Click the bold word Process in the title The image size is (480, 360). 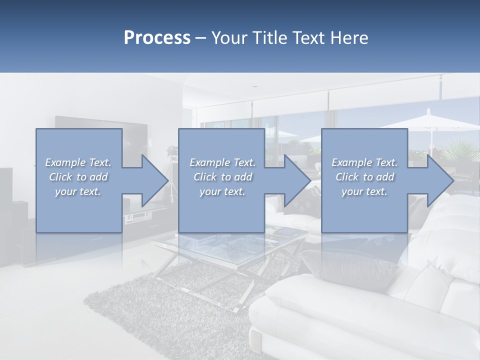157,38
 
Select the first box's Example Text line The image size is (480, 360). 78,162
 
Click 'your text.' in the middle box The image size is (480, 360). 222,191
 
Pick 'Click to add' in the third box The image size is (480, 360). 364,177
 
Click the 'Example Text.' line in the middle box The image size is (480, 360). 222,162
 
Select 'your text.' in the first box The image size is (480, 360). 78,191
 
